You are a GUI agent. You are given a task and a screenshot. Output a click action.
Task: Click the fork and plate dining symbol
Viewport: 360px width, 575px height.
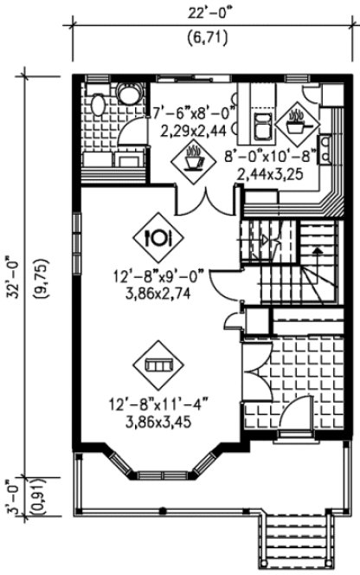(x=158, y=235)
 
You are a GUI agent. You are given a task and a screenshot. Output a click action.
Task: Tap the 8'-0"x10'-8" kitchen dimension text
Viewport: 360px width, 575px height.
(x=272, y=158)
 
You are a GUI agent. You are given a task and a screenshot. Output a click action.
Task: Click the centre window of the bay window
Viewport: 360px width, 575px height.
(x=161, y=476)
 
